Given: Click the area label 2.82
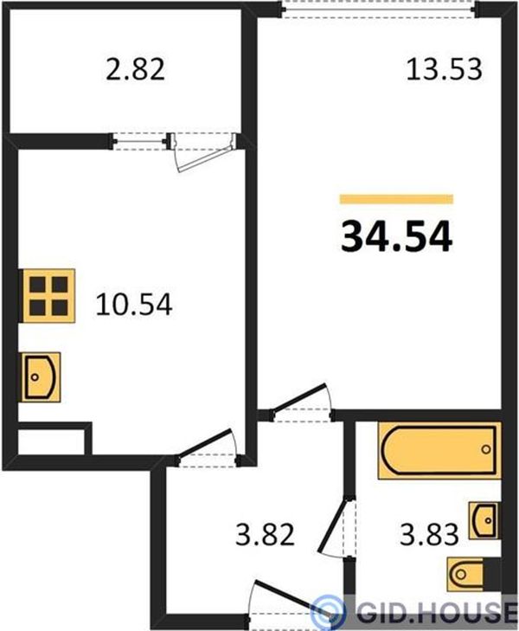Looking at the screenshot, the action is coord(135,69).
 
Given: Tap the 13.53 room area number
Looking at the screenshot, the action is coord(444,69).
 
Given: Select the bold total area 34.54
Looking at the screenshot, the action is coord(396,237).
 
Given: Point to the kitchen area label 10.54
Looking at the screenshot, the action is coord(134,304).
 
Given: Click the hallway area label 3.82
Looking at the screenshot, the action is coord(265,534).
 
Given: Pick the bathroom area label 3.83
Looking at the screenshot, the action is coord(429,534).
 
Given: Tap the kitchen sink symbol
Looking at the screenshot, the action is coord(42,377).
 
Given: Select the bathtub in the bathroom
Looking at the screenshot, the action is coord(439,450).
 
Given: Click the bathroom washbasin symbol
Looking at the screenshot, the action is coord(484,520).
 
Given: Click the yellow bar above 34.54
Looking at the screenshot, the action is coord(396,199).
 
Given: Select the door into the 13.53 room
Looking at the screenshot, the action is coord(299,398).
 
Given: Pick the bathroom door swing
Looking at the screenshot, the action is coord(332,526).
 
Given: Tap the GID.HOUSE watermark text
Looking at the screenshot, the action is coord(437,613).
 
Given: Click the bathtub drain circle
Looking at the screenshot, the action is coord(486,449).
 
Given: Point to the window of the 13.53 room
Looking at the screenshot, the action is coord(378,9).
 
